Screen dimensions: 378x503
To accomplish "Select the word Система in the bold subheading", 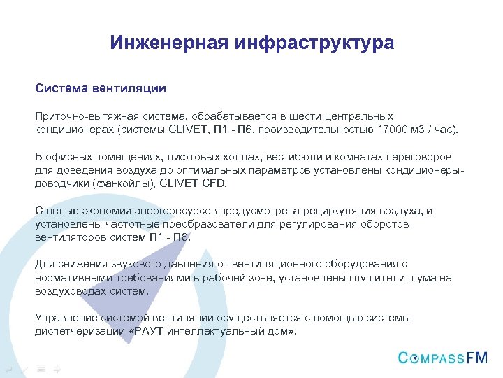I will click(59, 89).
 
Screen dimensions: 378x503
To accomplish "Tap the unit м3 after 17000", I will click(425, 129).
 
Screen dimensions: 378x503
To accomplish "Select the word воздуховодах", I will click(70, 291).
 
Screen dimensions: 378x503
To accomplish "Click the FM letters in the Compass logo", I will click(478, 358).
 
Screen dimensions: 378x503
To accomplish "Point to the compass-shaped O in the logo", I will click(416, 358).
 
